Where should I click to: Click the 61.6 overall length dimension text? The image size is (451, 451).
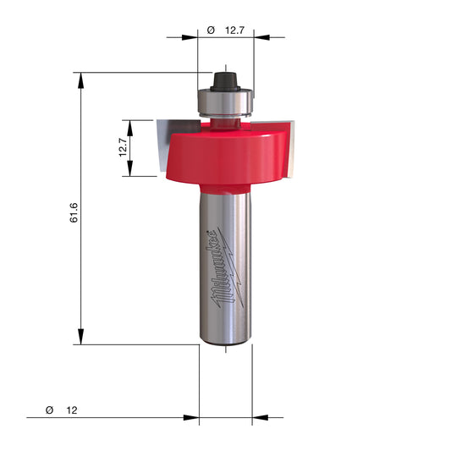(x=74, y=212)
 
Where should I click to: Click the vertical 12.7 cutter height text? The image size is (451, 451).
(x=123, y=147)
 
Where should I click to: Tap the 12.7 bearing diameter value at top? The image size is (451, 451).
(x=234, y=30)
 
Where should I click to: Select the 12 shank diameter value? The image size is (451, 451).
(x=72, y=410)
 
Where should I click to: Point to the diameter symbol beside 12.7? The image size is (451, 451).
(x=211, y=30)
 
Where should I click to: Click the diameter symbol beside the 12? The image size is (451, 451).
(x=49, y=410)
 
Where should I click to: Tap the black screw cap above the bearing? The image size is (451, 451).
(x=225, y=82)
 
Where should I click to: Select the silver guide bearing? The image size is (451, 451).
(x=225, y=103)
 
